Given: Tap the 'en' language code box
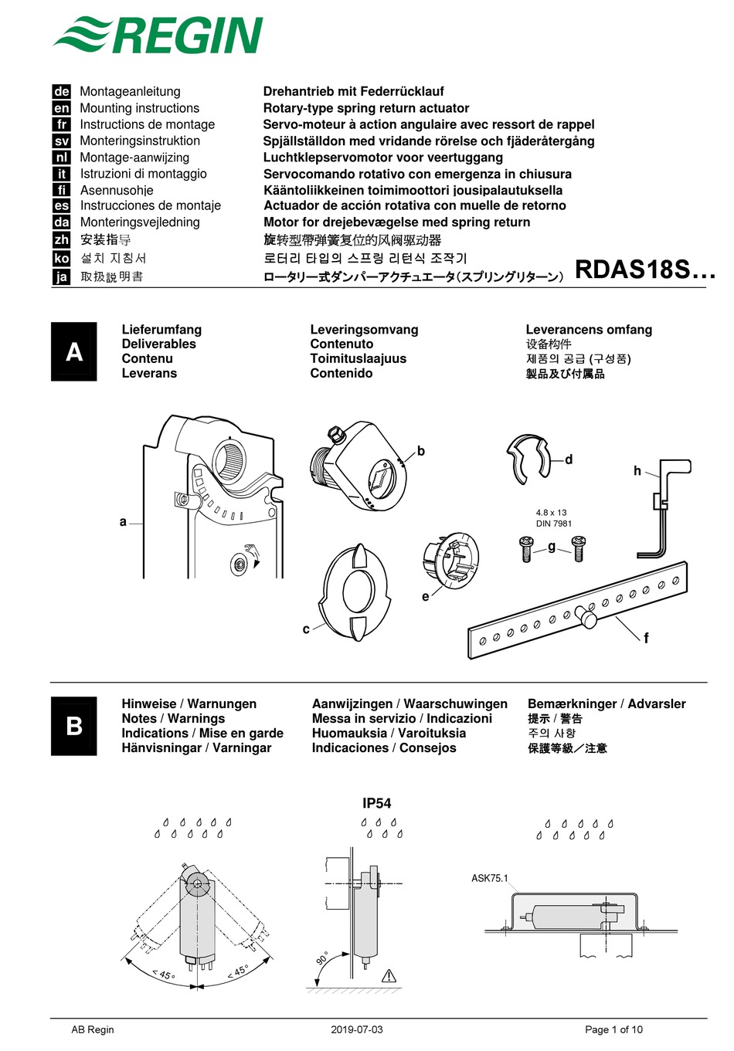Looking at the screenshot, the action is pyautogui.click(x=62, y=108).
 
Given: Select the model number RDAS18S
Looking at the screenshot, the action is pyautogui.click(x=644, y=270).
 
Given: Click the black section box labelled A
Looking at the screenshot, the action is pyautogui.click(x=74, y=351).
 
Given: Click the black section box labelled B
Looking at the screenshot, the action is pyautogui.click(x=74, y=726).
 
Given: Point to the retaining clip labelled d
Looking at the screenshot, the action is pyautogui.click(x=527, y=459).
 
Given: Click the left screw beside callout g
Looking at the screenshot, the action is pyautogui.click(x=526, y=549).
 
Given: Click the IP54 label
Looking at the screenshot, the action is pyautogui.click(x=377, y=803).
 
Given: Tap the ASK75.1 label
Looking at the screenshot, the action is pyautogui.click(x=490, y=878).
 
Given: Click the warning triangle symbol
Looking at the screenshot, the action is pyautogui.click(x=389, y=976).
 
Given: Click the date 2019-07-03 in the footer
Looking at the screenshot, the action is pyautogui.click(x=356, y=1029).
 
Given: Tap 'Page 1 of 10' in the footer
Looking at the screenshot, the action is pyautogui.click(x=613, y=1029).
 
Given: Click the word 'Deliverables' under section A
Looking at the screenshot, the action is pyautogui.click(x=158, y=344).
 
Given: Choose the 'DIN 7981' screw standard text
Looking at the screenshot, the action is pyautogui.click(x=554, y=524).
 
